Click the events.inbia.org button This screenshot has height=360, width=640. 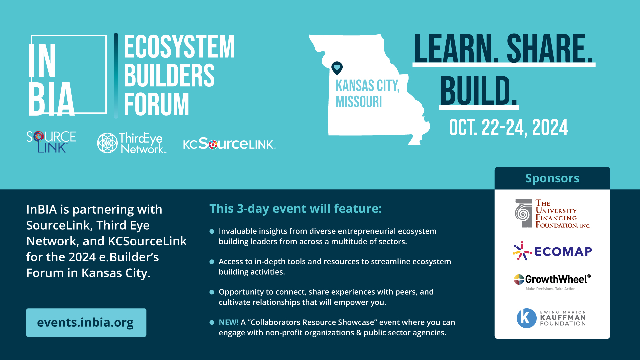tap(86, 322)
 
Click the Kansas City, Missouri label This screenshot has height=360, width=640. tap(368, 94)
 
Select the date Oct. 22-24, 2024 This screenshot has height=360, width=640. tap(508, 128)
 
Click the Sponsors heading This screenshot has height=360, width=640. tap(552, 178)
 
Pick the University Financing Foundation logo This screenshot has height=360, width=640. tap(552, 214)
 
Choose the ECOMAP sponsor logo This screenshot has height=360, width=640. tap(552, 251)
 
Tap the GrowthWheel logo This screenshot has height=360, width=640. tap(552, 282)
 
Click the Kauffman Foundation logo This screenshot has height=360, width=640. tap(551, 318)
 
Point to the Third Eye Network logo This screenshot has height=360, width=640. tap(132, 143)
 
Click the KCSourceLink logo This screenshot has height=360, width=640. tap(229, 144)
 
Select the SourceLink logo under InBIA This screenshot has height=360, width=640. tap(51, 142)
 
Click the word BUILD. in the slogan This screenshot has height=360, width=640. tap(479, 91)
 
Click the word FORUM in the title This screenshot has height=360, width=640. tap(156, 104)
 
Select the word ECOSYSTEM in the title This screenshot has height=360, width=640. tap(179, 47)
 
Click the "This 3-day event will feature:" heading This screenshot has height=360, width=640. tap(296, 209)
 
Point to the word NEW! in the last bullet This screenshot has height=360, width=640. tap(229, 322)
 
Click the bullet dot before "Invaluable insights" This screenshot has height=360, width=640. tap(212, 231)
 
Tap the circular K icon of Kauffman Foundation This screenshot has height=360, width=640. tap(527, 318)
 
